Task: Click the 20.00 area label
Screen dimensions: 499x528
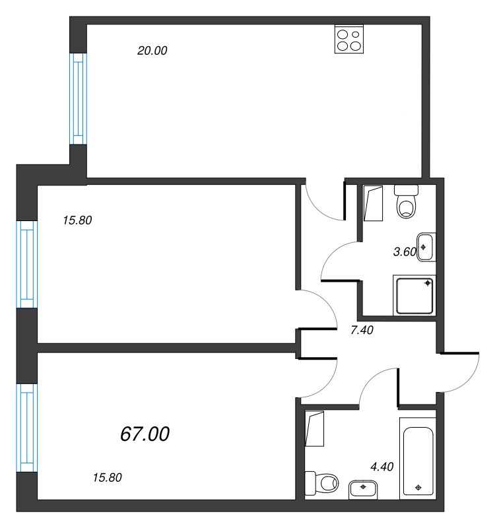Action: (152, 51)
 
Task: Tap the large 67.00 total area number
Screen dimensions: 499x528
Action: (145, 434)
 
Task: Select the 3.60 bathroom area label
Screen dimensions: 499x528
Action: (405, 252)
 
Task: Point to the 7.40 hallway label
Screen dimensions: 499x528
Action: (362, 331)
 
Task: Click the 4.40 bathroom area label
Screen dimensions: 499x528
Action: (382, 467)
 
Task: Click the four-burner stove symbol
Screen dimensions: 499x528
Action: (349, 39)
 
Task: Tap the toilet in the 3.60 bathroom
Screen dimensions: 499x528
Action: (407, 201)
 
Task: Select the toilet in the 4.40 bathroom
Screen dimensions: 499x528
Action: (321, 483)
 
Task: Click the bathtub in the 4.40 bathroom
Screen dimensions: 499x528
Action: (418, 458)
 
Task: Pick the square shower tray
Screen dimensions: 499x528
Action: (414, 295)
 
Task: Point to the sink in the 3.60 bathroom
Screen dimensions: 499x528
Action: (426, 247)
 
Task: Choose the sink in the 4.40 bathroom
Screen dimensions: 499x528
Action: (363, 490)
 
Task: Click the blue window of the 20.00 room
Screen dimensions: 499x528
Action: (78, 99)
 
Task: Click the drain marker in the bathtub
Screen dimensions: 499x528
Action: (418, 487)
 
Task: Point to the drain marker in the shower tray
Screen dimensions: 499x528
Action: (428, 283)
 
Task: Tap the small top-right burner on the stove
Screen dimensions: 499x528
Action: (356, 34)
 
